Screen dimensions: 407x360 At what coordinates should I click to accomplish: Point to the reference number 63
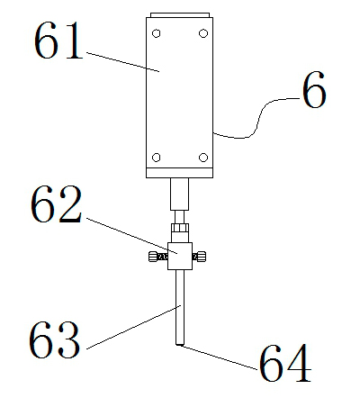click(54, 340)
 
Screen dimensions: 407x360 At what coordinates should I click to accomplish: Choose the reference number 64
click(285, 365)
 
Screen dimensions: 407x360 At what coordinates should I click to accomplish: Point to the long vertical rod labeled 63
click(180, 306)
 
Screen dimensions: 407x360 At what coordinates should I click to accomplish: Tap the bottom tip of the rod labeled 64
click(180, 343)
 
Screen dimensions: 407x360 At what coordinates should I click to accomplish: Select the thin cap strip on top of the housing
click(180, 14)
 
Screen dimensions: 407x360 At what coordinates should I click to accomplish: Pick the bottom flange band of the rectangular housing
click(180, 171)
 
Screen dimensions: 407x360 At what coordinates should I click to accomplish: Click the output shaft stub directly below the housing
click(180, 193)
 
